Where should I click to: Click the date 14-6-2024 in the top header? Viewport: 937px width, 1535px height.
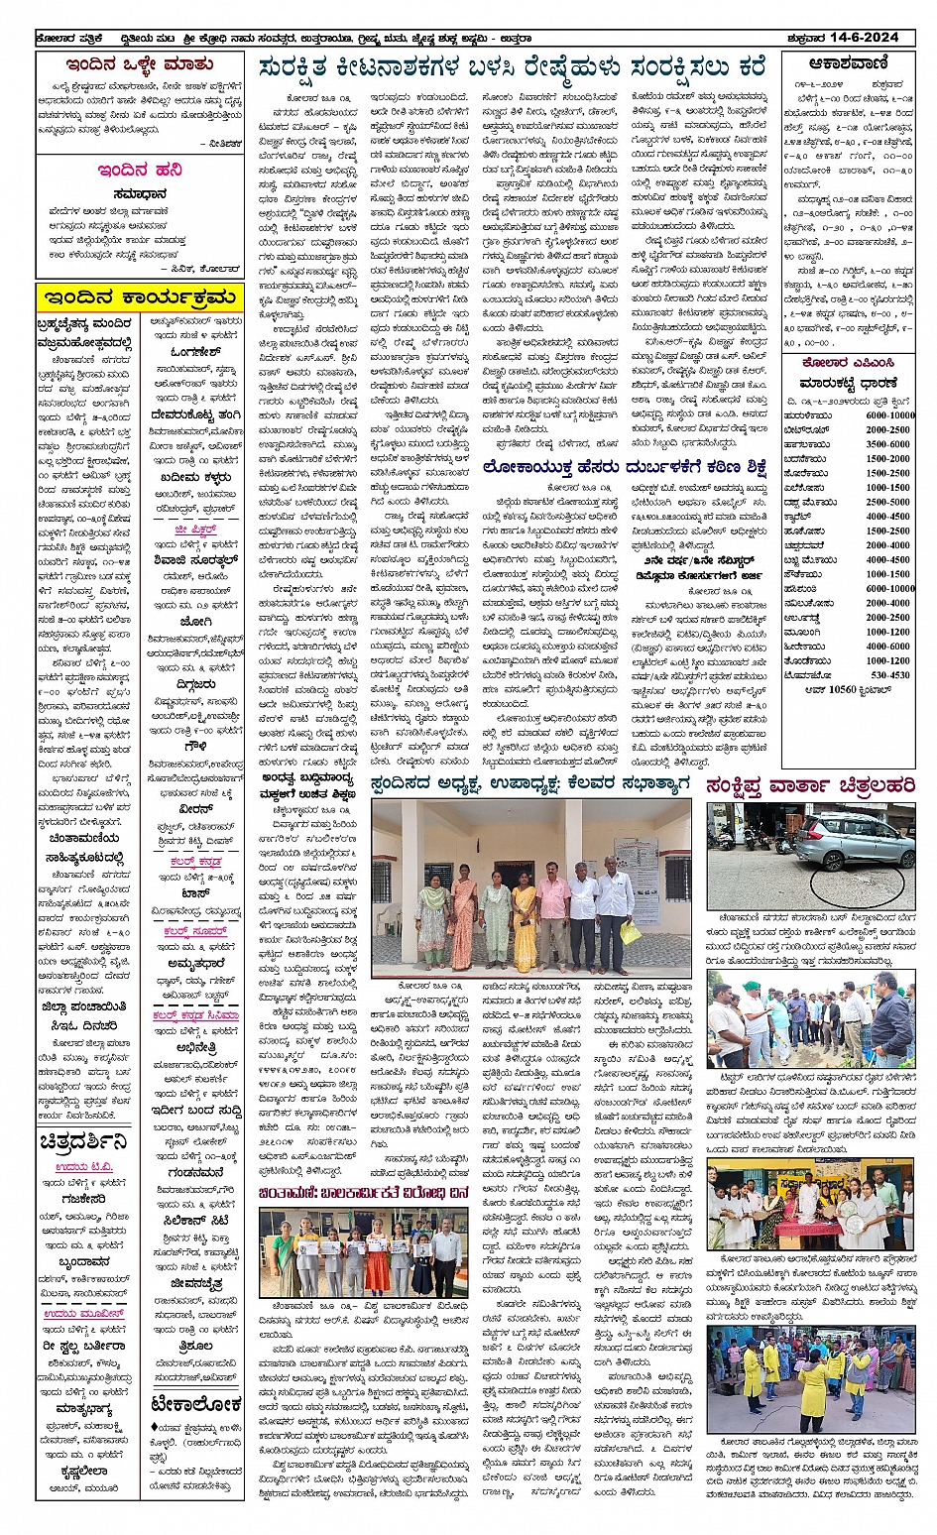tap(865, 38)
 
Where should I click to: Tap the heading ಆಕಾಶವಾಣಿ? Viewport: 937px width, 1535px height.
tap(847, 63)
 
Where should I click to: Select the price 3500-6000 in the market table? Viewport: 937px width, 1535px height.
tap(889, 444)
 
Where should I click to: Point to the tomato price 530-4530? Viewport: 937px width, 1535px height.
tap(889, 675)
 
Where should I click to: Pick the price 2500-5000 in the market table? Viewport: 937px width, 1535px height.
tap(889, 502)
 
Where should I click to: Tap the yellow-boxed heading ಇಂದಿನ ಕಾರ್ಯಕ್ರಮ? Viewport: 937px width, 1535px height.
tap(139, 297)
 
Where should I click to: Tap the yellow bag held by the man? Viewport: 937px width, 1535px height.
tap(629, 932)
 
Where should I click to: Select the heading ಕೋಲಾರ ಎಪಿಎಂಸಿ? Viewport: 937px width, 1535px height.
tap(847, 362)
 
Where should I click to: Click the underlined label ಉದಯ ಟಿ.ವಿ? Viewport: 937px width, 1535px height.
tap(84, 1166)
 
